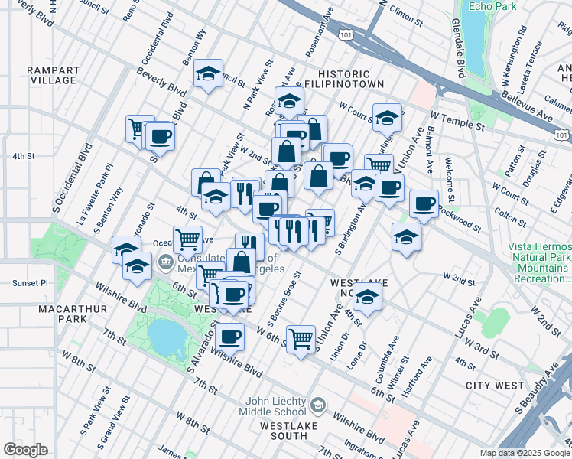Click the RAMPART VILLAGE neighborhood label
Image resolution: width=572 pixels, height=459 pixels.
coord(52,75)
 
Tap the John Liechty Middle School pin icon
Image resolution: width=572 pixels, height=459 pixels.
coord(319,405)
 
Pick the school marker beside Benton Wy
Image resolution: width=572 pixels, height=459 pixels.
coord(208,75)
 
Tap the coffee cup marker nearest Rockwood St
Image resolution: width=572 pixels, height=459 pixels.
coord(424,204)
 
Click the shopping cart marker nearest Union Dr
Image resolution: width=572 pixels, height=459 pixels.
coord(301,338)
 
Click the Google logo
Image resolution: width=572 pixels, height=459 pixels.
coord(26,450)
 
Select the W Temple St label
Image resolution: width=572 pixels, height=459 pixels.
coord(457,119)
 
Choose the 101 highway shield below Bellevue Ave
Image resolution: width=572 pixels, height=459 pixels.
coord(562,135)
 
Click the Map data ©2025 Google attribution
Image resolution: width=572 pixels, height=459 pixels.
coord(525,453)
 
